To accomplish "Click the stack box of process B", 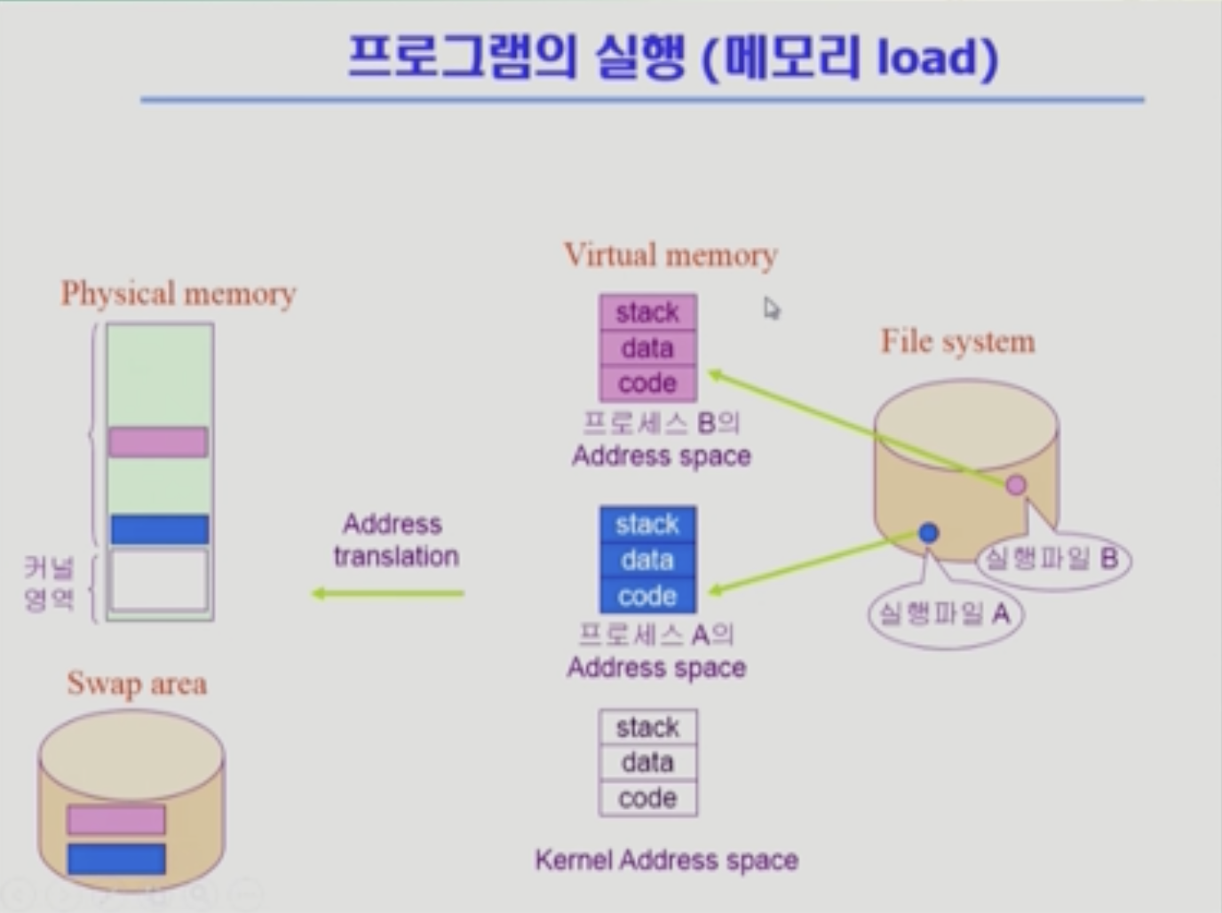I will pos(647,313).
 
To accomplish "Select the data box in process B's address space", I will pos(647,348).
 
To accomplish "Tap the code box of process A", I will pos(647,596).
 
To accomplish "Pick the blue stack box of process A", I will pos(647,524).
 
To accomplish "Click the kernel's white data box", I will pos(647,762).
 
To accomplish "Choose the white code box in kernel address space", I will pos(647,798).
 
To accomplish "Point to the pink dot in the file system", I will pos(1016,485).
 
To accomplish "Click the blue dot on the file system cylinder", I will pos(928,533).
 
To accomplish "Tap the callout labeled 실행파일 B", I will pos(1052,559).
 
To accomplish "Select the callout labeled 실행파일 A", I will pos(945,614).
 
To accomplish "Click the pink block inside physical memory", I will pos(158,441).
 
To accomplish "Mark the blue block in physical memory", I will pos(160,529).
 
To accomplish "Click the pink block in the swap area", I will pos(116,819).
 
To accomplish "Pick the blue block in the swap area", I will pos(116,859).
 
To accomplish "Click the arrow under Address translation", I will pos(388,593).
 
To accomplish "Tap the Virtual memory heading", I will pos(671,256).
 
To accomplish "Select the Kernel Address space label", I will pos(666,860).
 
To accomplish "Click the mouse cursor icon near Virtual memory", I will pos(771,308).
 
